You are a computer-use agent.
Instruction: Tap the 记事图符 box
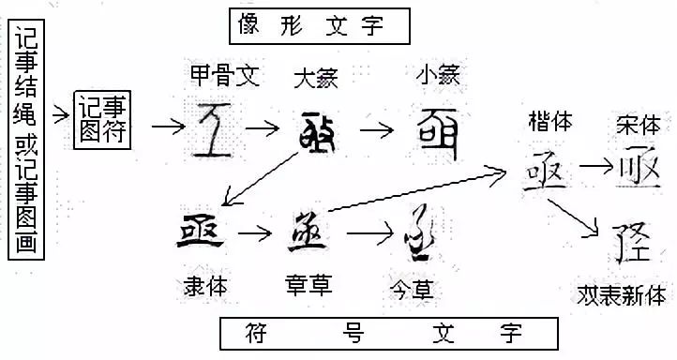click(x=101, y=121)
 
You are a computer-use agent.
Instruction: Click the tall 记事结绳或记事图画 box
click(x=25, y=142)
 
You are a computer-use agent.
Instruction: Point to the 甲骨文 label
click(x=223, y=75)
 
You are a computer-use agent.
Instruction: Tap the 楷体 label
click(x=550, y=122)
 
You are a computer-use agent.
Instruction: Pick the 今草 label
click(x=413, y=282)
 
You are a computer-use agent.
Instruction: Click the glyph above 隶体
click(x=201, y=231)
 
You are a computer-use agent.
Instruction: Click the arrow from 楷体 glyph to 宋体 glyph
click(x=594, y=169)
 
